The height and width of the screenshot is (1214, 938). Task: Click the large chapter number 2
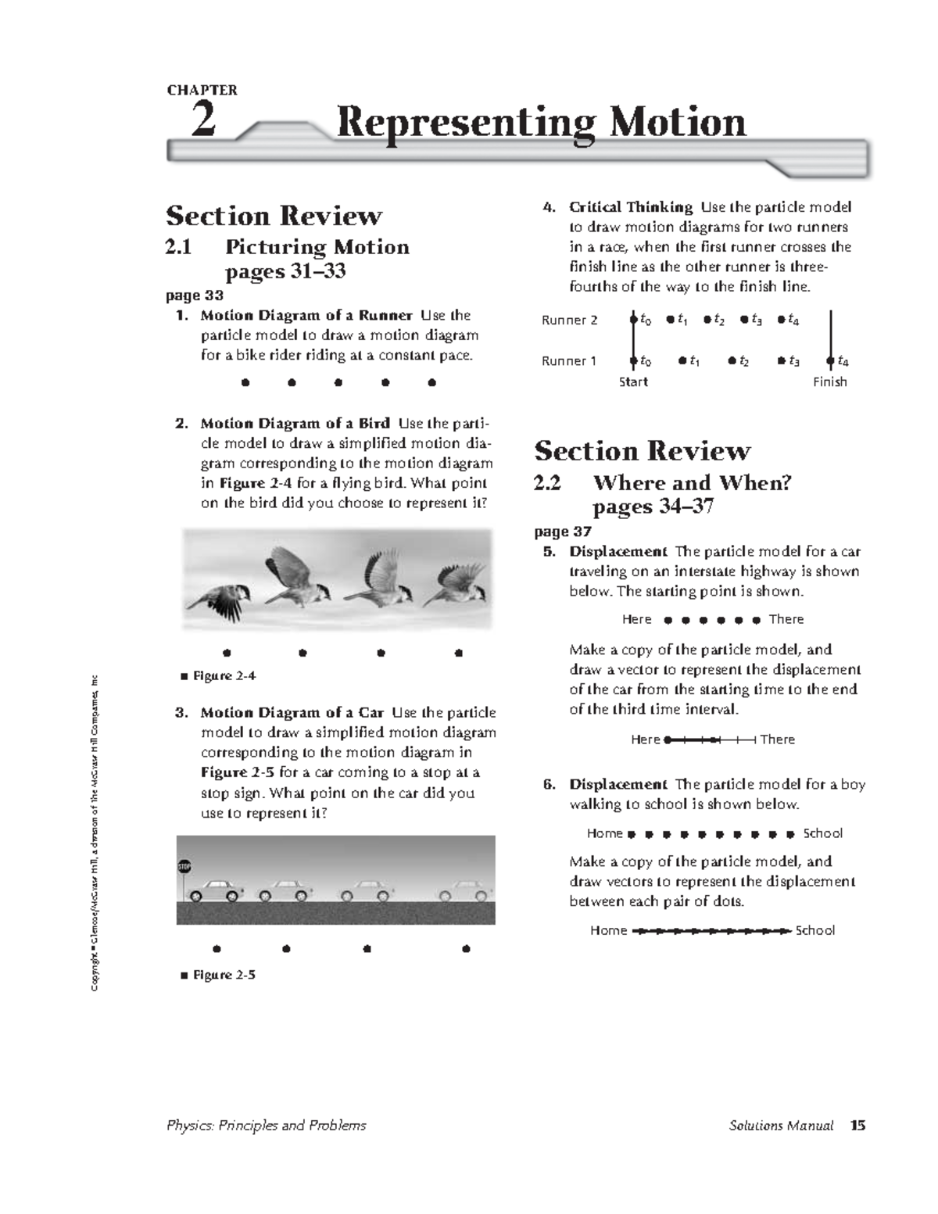click(x=203, y=121)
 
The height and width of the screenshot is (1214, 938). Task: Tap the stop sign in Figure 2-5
click(x=184, y=867)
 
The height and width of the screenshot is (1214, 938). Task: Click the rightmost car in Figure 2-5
click(x=465, y=889)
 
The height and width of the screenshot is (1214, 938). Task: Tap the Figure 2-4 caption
click(x=224, y=676)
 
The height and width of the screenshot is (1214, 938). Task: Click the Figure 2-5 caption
click(x=224, y=975)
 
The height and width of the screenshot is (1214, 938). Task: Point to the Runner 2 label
click(x=569, y=321)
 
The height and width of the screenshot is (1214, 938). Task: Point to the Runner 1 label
click(x=569, y=361)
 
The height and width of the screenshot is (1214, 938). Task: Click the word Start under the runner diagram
click(x=633, y=382)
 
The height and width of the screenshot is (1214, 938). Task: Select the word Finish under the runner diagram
click(x=829, y=382)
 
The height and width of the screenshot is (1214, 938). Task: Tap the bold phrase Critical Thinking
click(x=630, y=207)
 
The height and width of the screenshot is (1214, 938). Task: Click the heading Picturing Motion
click(x=317, y=247)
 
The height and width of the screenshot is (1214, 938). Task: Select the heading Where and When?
click(x=692, y=482)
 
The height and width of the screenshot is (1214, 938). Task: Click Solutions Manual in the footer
click(x=780, y=1126)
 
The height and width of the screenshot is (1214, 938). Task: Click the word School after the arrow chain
click(x=814, y=930)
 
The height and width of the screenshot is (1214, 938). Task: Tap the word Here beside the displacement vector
click(x=645, y=740)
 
